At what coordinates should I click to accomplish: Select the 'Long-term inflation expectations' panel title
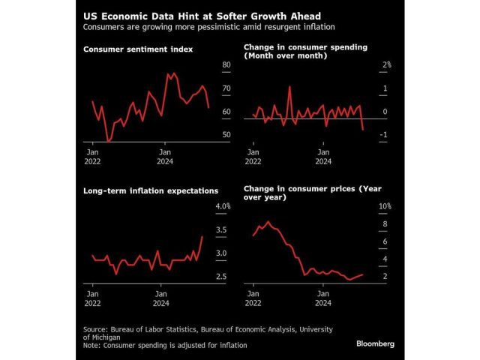tap(150, 190)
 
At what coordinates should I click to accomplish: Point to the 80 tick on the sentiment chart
tap(226, 65)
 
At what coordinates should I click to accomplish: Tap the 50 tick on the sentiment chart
tap(226, 135)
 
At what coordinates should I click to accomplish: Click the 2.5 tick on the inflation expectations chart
tap(222, 277)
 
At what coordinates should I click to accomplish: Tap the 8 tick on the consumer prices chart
tap(385, 224)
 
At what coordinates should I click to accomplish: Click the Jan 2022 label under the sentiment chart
tap(92, 155)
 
